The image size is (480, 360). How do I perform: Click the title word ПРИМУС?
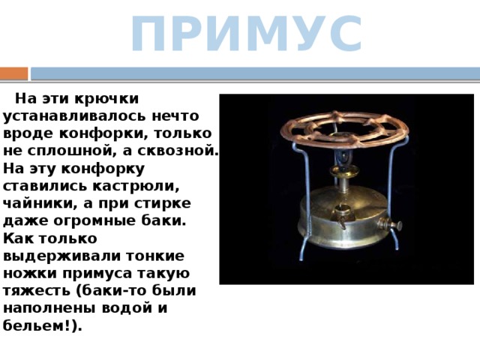246,34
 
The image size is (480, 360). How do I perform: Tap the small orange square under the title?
13,73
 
